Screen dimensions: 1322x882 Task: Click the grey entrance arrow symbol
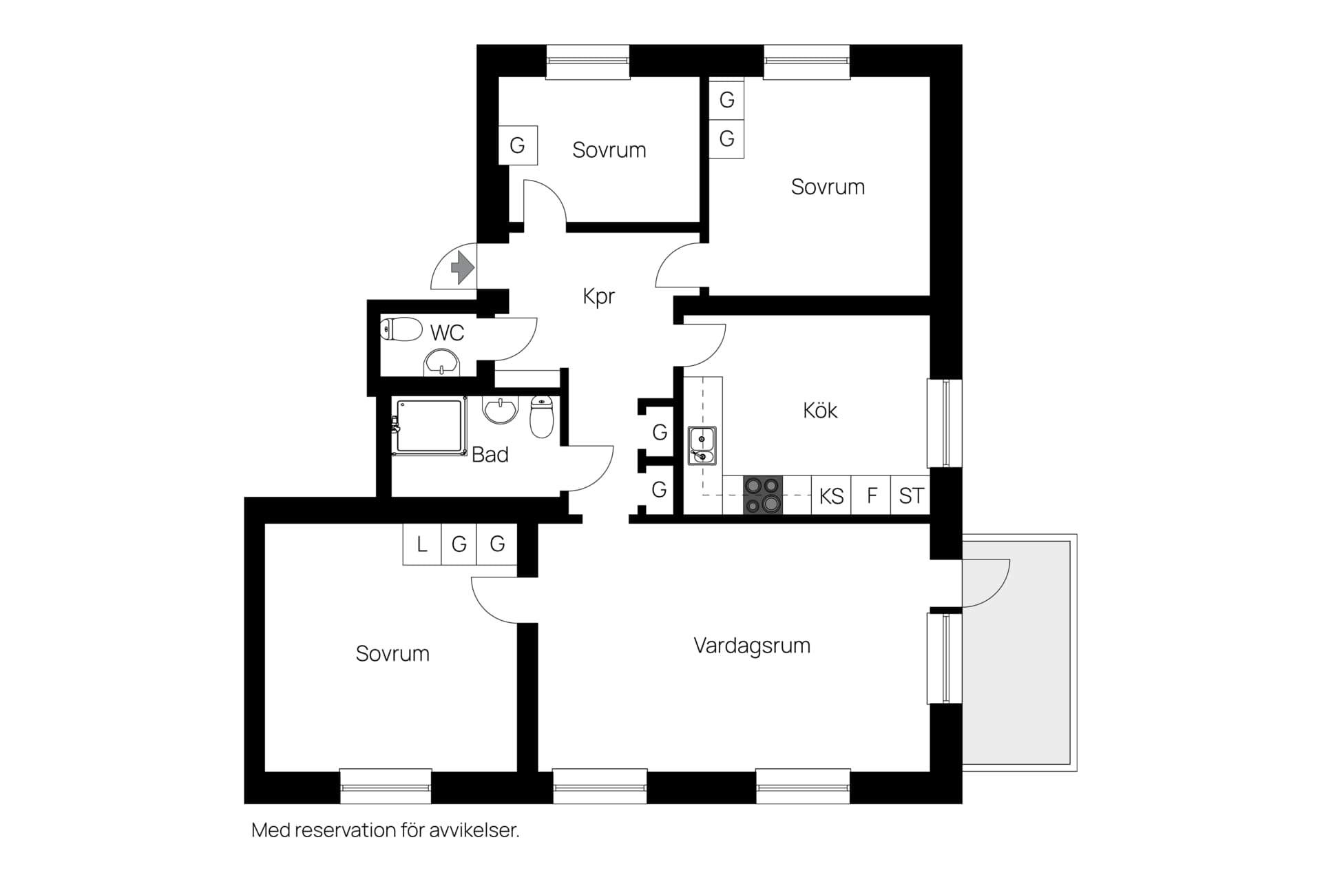click(x=463, y=267)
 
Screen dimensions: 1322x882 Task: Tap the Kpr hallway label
click(x=598, y=296)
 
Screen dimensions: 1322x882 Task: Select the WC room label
click(x=447, y=333)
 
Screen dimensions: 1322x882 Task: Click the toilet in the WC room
click(x=401, y=329)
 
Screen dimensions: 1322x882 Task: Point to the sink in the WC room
click(x=441, y=362)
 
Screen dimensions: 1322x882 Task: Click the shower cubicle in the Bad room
click(x=428, y=426)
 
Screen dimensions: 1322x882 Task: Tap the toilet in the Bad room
click(x=542, y=417)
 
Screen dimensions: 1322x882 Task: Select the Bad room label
click(x=490, y=455)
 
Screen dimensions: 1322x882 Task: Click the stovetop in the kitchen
click(x=763, y=495)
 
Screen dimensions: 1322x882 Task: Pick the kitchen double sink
click(x=702, y=445)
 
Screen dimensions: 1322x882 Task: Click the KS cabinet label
click(x=831, y=496)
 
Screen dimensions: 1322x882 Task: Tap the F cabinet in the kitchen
click(x=871, y=495)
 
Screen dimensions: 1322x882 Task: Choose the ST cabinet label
click(x=911, y=495)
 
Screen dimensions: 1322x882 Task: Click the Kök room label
click(x=820, y=411)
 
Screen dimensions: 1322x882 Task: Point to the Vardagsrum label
click(x=752, y=646)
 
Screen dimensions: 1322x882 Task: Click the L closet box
click(x=422, y=544)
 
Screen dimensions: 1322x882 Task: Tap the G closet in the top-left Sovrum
click(x=517, y=145)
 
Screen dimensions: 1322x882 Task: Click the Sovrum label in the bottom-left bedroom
click(x=392, y=653)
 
